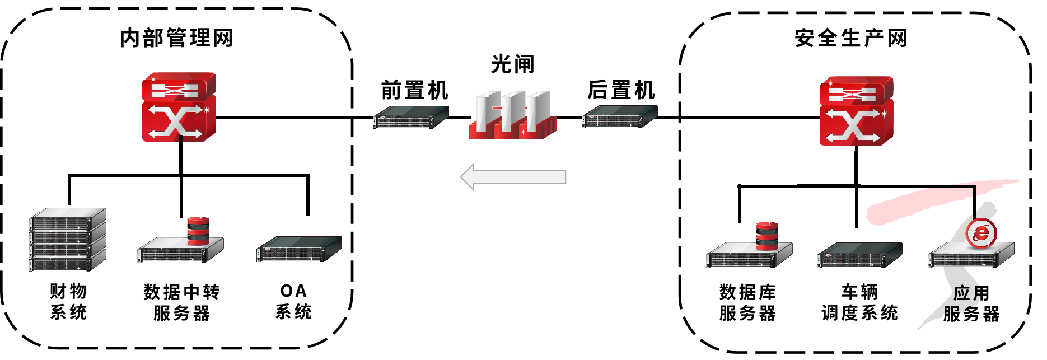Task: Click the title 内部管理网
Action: click(x=176, y=38)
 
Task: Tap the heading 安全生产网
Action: click(x=850, y=38)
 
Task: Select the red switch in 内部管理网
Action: click(x=179, y=107)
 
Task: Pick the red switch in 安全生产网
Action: click(x=856, y=111)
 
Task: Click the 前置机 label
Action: click(x=414, y=90)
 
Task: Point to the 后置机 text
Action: click(x=621, y=90)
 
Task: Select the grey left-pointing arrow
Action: click(x=513, y=177)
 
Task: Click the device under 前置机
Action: click(x=410, y=118)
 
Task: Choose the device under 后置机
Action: click(x=619, y=117)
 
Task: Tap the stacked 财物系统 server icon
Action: click(x=68, y=240)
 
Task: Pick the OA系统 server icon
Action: click(x=299, y=249)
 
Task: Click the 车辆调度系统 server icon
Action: click(x=859, y=255)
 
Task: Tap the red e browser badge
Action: click(x=981, y=232)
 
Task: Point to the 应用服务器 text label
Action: click(x=971, y=303)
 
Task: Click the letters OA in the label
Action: click(x=293, y=291)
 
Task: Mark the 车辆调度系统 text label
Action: click(x=859, y=302)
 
